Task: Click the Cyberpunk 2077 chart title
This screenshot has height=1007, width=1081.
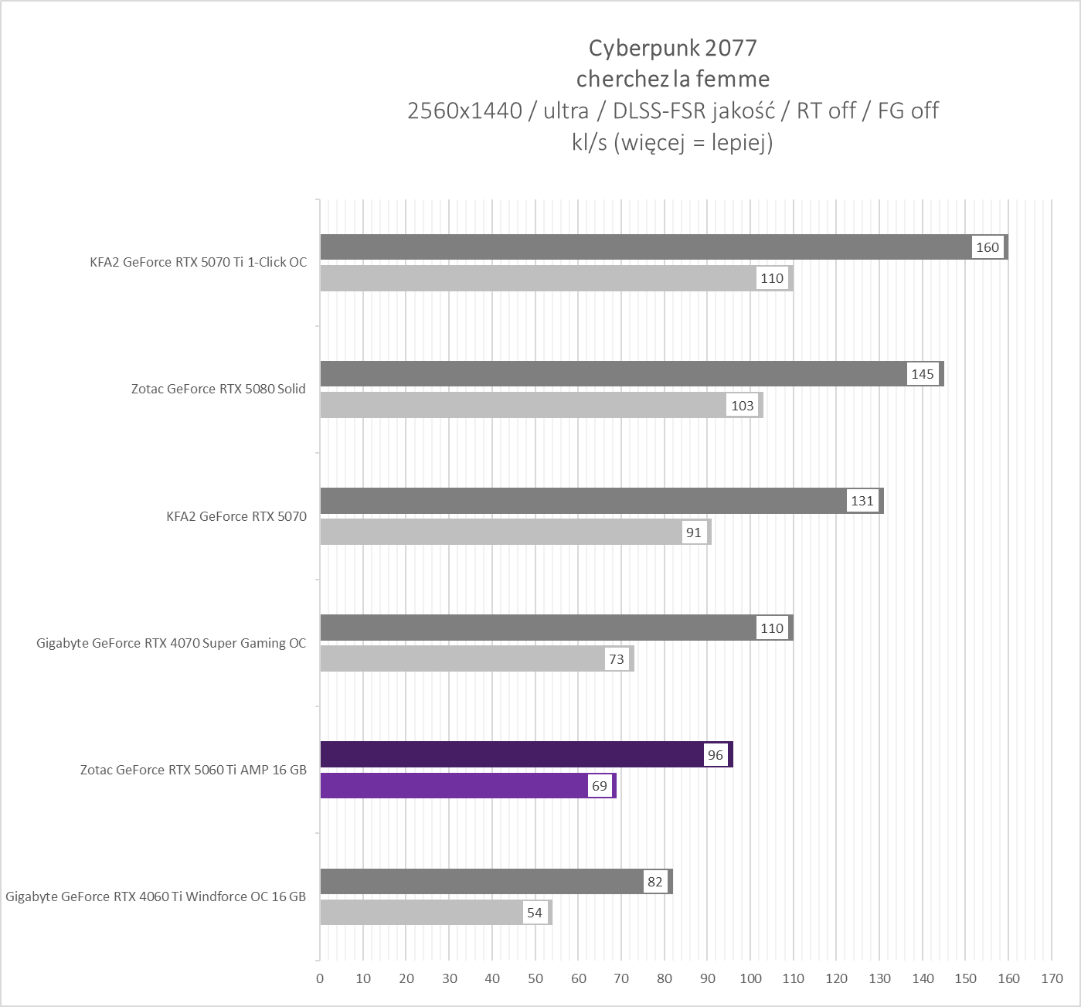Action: [672, 48]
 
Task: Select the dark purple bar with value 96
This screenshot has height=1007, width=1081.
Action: [510, 754]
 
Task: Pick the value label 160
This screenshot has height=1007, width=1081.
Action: [988, 247]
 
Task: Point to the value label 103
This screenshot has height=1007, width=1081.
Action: [743, 406]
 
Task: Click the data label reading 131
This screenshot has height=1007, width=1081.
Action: [862, 501]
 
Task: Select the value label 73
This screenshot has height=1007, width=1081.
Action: [617, 659]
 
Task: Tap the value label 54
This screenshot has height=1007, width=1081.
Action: [535, 913]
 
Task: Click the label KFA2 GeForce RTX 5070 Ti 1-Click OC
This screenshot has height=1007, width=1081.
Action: [199, 262]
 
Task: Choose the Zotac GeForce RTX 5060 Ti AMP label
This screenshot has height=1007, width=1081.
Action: [193, 770]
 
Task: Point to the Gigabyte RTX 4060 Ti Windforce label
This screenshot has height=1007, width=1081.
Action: [155, 896]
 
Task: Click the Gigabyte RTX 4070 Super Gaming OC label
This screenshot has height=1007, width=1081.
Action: [171, 643]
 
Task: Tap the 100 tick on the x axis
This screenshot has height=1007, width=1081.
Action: [750, 978]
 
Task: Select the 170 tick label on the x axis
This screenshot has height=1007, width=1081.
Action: [1052, 978]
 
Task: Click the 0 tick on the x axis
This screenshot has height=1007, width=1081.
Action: [320, 978]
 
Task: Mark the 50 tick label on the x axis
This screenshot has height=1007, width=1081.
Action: [535, 978]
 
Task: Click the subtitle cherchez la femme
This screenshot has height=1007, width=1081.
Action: [672, 79]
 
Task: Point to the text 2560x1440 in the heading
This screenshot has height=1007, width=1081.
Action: [464, 111]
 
